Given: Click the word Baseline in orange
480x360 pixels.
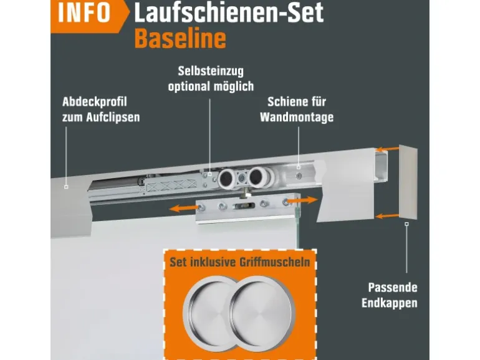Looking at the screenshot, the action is coord(180,39).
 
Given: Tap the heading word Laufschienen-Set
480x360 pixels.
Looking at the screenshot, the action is coord(229,12).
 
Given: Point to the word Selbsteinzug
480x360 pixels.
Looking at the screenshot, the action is coord(211,71).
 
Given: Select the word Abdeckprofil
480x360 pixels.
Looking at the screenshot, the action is coord(95,102).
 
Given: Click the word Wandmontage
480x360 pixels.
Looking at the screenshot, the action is coord(297,117).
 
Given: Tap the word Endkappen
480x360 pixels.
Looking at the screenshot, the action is coord(390,303).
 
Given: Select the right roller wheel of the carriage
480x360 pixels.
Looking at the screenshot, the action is coord(257,177).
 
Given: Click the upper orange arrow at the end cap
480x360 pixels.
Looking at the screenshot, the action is coord(387,149).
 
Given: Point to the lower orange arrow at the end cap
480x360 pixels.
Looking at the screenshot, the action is coord(387,216).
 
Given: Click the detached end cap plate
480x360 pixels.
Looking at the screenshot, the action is coord(408,182).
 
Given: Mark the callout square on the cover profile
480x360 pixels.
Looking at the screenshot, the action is coord(66,187).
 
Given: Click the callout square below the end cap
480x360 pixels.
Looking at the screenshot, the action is coord(406,224).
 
